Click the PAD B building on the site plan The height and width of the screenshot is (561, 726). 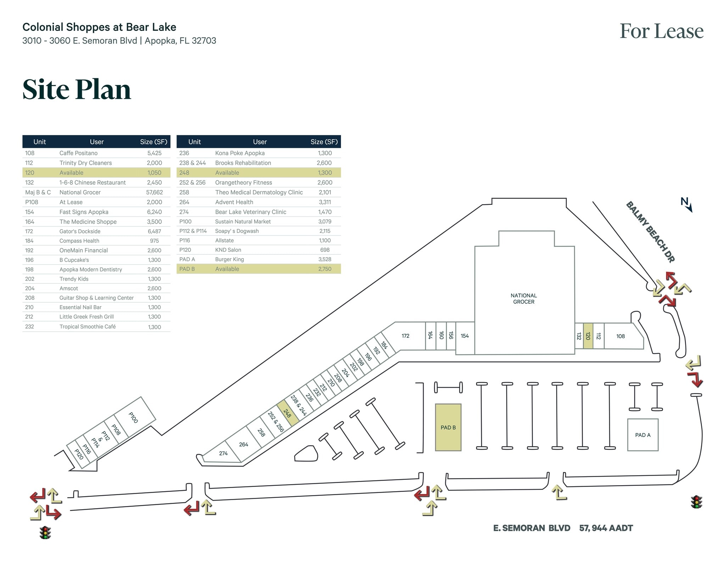[448, 427]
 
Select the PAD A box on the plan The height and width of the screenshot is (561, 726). [642, 435]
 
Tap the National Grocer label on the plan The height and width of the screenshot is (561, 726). [524, 298]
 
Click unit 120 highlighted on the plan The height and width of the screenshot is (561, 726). [588, 336]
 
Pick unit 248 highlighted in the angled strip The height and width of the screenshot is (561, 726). [287, 413]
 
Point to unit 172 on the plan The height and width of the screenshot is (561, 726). [406, 336]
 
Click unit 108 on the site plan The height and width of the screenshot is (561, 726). [620, 336]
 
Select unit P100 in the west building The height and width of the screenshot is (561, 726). [133, 417]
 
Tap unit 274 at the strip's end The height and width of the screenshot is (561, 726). [223, 453]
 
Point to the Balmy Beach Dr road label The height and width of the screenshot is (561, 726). [650, 232]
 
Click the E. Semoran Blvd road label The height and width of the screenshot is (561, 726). [532, 528]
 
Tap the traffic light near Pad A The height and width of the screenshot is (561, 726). [696, 502]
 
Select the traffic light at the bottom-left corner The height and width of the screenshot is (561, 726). [45, 533]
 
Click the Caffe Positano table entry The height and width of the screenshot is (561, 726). [78, 153]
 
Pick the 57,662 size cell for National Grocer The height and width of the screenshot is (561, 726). [154, 192]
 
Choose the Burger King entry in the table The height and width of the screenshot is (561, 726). [229, 259]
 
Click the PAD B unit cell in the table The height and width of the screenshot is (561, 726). [187, 269]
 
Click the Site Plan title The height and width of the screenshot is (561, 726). [77, 89]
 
